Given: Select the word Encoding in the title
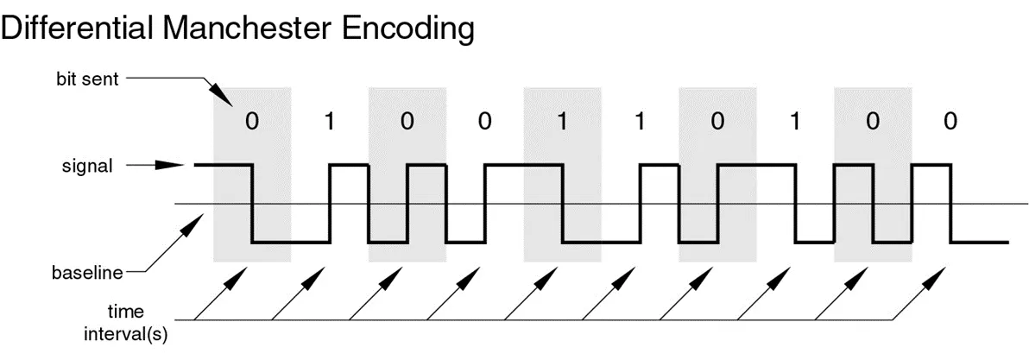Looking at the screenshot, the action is pyautogui.click(x=408, y=30).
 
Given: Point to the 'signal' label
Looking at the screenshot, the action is pyautogui.click(x=88, y=165).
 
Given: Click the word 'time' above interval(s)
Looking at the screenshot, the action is pyautogui.click(x=125, y=312).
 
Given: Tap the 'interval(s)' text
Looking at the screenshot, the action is pyautogui.click(x=125, y=334).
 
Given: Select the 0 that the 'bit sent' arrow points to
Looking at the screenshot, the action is pyautogui.click(x=251, y=122).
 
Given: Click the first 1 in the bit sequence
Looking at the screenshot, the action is pyautogui.click(x=329, y=122).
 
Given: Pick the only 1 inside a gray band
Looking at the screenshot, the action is pyautogui.click(x=562, y=122).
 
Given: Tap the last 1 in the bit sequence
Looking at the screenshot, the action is pyautogui.click(x=795, y=122).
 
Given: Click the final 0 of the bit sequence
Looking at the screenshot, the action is pyautogui.click(x=950, y=122).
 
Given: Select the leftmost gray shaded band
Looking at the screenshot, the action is pyautogui.click(x=252, y=173).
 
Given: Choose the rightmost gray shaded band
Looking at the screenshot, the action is pyautogui.click(x=873, y=173).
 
